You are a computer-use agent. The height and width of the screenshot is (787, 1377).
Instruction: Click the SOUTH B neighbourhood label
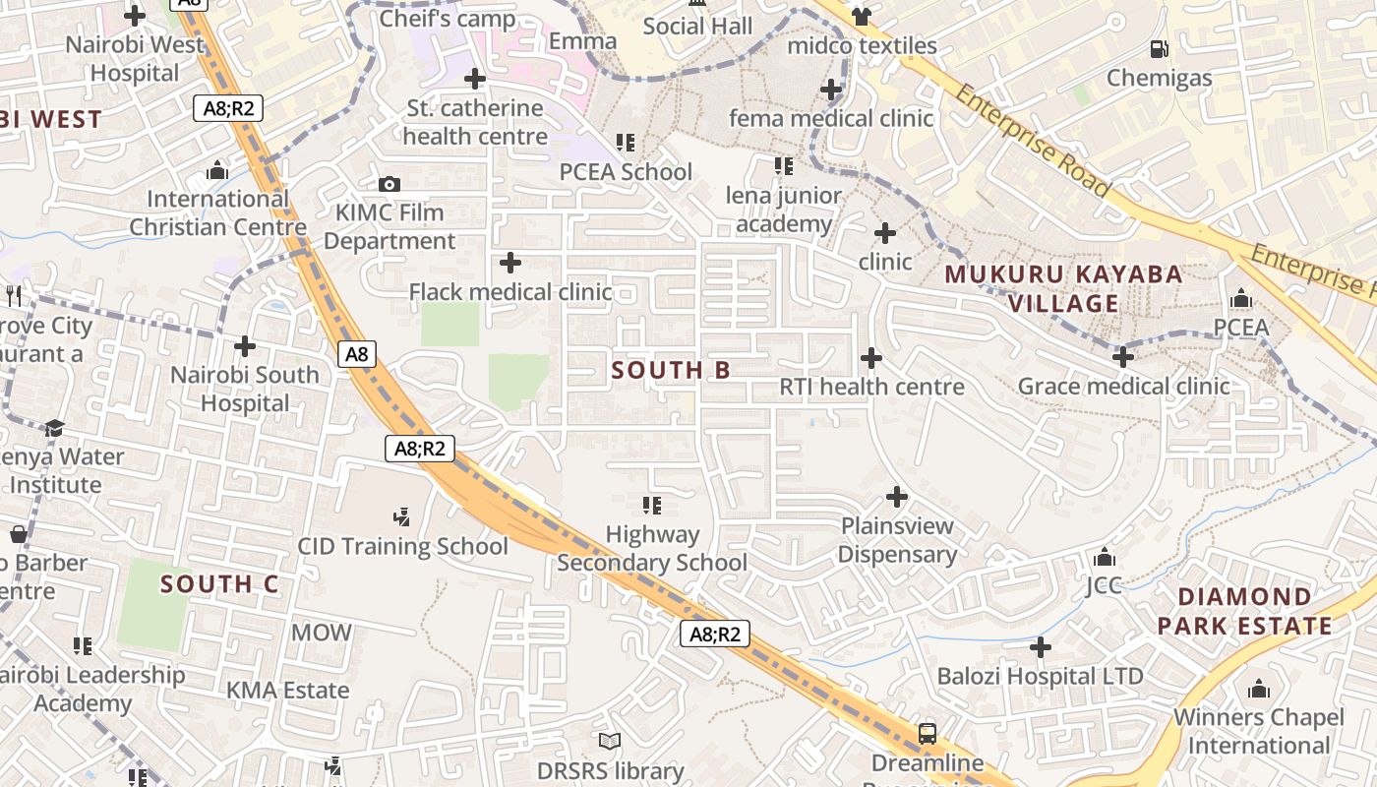[671, 371]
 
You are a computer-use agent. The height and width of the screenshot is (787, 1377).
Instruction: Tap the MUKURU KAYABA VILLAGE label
[1063, 288]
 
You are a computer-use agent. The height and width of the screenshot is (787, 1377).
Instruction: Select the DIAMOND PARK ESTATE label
[1244, 611]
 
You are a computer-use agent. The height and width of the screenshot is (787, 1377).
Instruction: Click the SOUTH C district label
[219, 584]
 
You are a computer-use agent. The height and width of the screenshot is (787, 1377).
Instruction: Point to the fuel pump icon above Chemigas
[1160, 48]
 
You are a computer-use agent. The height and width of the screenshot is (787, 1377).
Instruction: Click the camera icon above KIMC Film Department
[389, 184]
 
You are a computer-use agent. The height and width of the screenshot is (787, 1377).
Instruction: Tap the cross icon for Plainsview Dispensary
[897, 497]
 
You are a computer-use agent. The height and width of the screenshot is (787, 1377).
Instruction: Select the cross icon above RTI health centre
[871, 358]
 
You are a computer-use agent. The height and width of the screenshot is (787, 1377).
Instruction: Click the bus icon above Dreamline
[927, 733]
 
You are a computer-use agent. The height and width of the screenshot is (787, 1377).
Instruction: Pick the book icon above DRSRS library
[610, 741]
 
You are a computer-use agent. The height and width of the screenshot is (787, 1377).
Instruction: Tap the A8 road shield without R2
[357, 354]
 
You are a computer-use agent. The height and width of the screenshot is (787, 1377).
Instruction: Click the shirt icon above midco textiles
[862, 16]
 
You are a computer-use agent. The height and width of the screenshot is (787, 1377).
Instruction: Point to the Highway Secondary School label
[652, 549]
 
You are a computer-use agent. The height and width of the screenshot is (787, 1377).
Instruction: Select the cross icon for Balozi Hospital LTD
[1041, 647]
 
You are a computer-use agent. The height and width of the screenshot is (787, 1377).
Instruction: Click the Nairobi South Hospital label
[245, 389]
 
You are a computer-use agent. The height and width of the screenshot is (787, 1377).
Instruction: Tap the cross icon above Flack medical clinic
[510, 263]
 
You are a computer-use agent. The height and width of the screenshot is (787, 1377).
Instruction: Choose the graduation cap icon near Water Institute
[54, 428]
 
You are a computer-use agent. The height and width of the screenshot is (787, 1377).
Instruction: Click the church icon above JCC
[1105, 558]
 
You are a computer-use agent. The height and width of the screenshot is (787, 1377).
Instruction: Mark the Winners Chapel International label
[1258, 731]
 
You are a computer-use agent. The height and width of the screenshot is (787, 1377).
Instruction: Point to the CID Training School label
[402, 546]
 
